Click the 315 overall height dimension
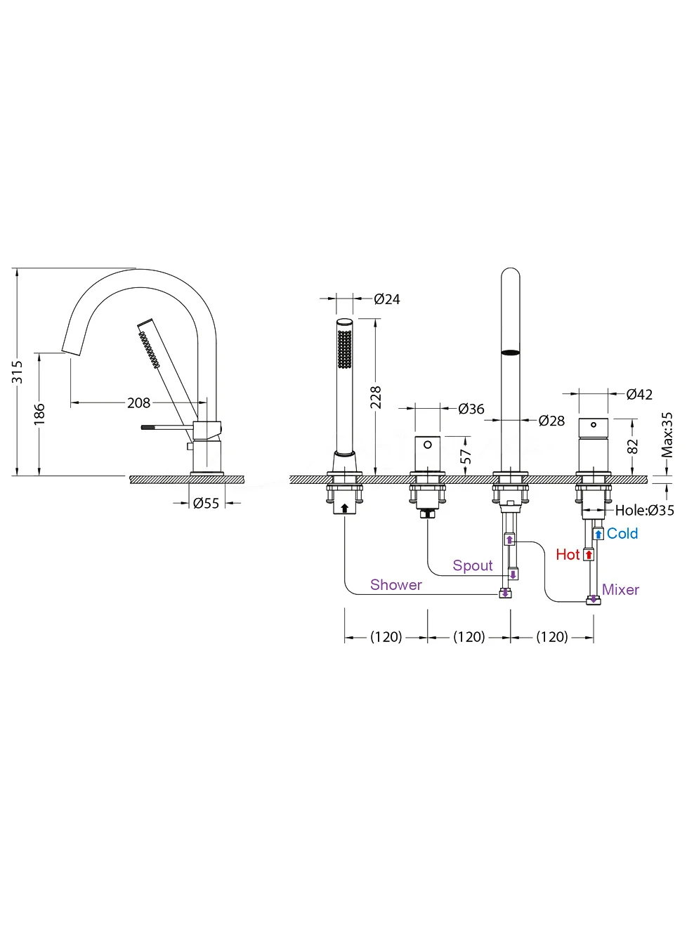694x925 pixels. (18, 372)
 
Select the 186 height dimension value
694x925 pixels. (39, 414)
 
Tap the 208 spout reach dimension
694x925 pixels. (138, 403)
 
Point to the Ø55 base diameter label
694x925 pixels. (206, 503)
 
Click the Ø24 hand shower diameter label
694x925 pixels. (387, 299)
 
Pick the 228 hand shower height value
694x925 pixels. (375, 397)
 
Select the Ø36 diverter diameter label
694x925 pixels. (471, 409)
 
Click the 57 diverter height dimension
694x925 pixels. (465, 457)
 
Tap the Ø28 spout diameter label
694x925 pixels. (551, 421)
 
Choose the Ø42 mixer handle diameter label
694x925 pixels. (639, 395)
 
